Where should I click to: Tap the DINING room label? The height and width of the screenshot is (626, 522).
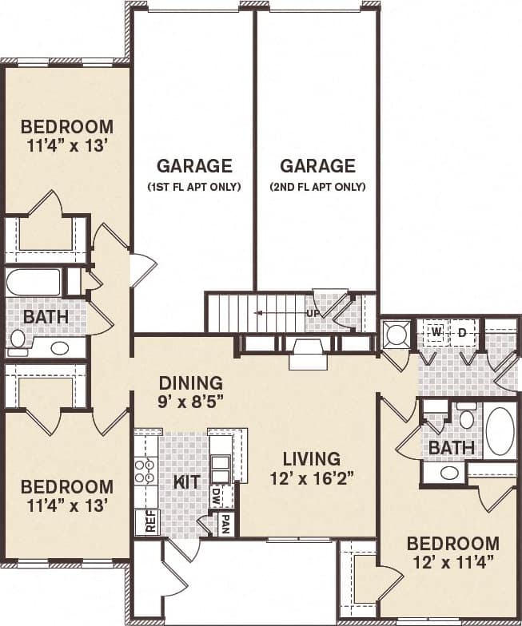[x=190, y=382]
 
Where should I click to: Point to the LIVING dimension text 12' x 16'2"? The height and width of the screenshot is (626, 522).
[x=312, y=478]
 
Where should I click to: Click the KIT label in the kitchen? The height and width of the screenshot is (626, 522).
[x=185, y=481]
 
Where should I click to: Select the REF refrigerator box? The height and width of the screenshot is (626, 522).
[x=146, y=521]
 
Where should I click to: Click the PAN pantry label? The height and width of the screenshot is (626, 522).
[x=226, y=525]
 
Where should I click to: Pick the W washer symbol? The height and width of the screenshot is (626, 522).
[x=436, y=331]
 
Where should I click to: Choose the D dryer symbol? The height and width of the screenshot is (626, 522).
[x=462, y=331]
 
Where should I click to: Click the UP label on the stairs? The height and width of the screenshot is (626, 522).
[x=313, y=313]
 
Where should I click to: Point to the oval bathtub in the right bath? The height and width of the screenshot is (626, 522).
[x=500, y=431]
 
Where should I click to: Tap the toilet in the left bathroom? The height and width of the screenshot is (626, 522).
[x=17, y=339]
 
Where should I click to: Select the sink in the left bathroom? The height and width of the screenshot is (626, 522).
[x=59, y=347]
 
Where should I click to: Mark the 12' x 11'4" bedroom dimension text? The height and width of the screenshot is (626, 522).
[x=453, y=562]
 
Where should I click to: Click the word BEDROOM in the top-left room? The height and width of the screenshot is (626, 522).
[x=67, y=127]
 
